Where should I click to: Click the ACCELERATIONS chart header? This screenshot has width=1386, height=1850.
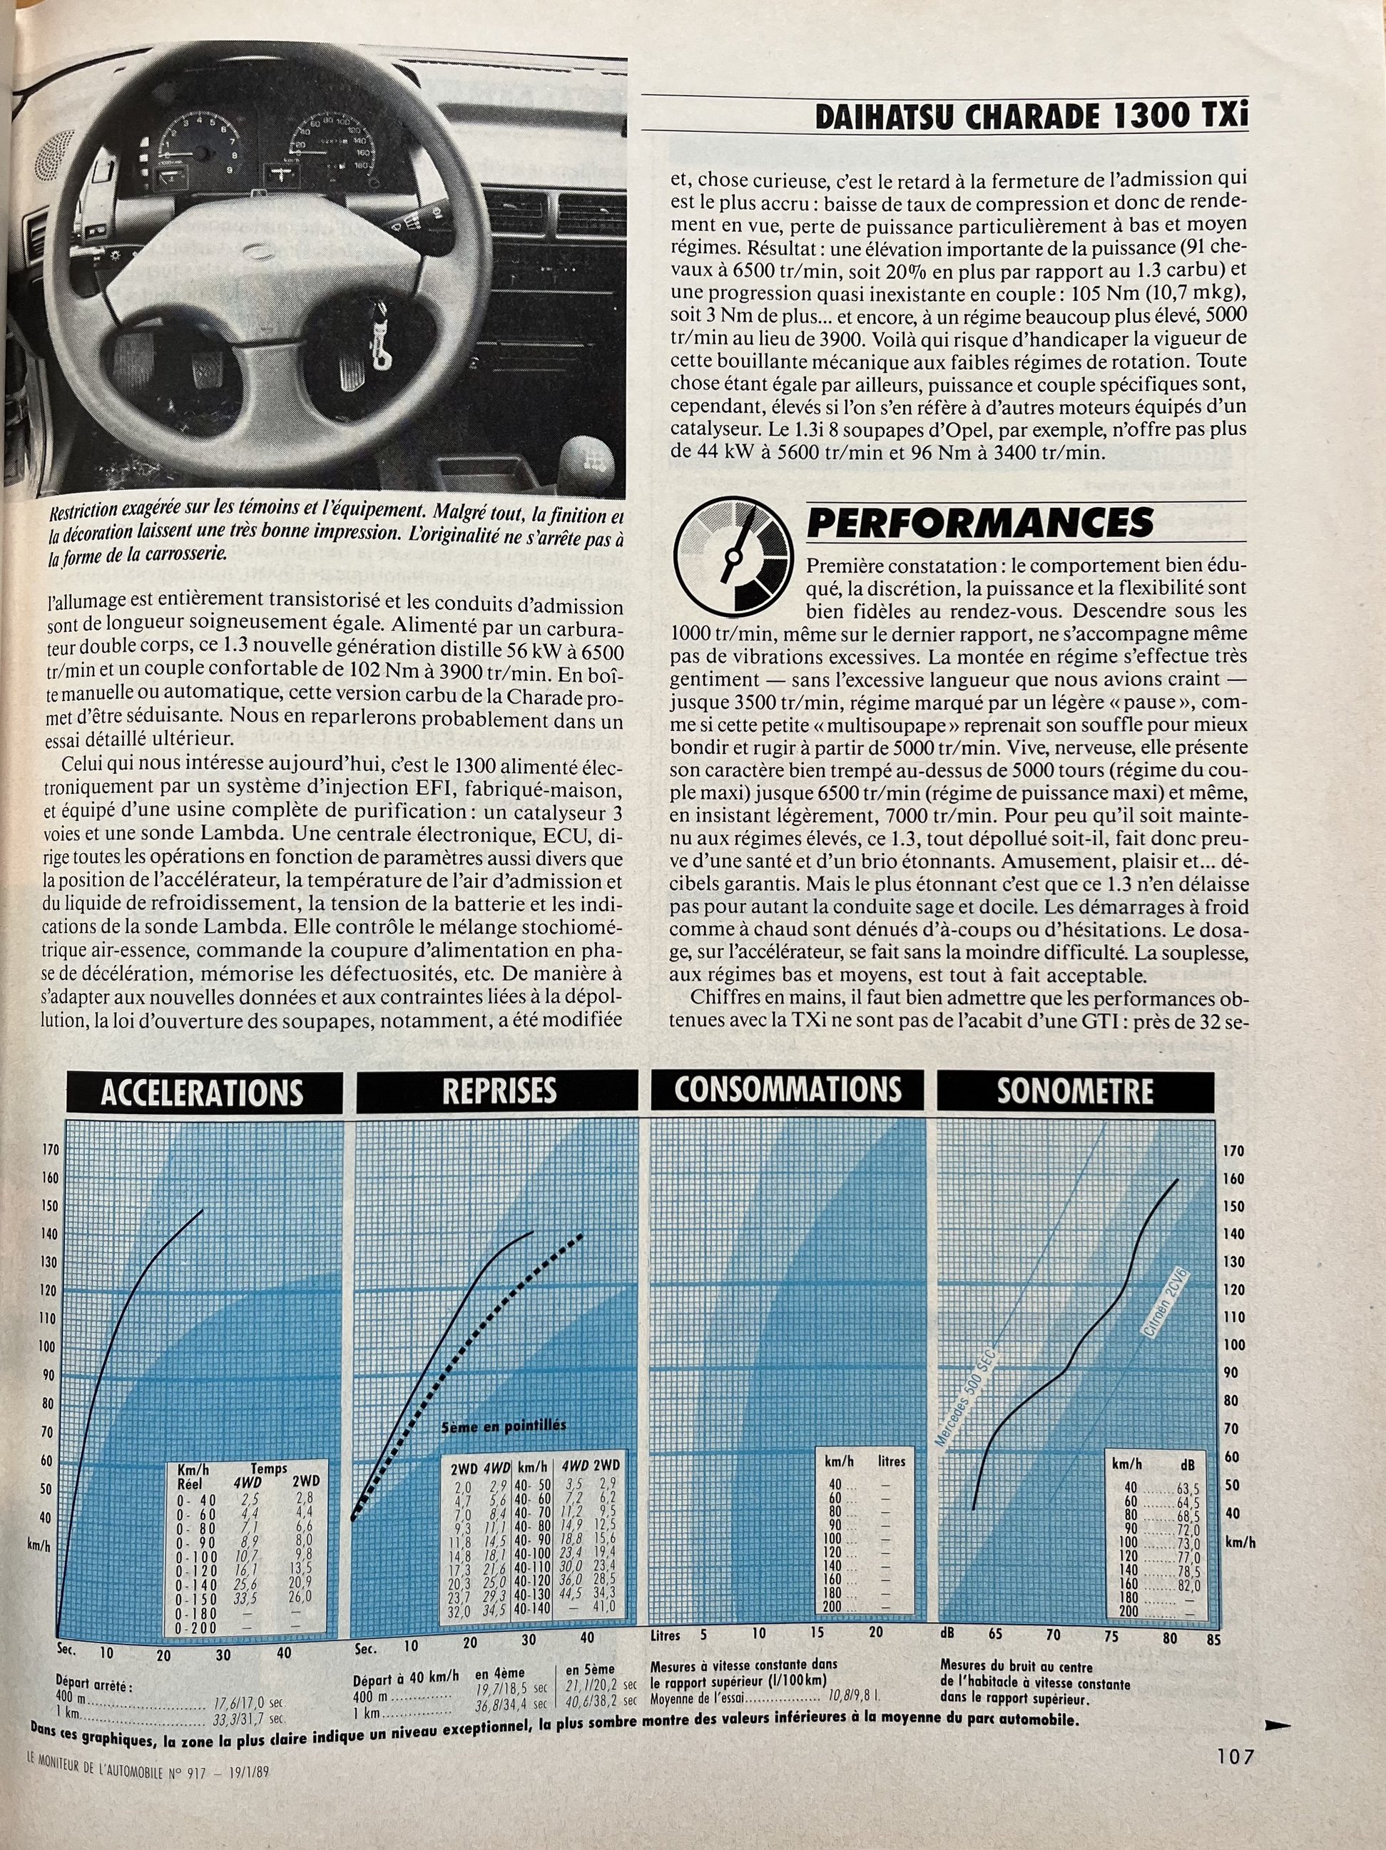[x=203, y=1093]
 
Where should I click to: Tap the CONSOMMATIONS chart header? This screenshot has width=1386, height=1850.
[x=788, y=1090]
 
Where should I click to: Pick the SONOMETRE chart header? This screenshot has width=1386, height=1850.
[x=1075, y=1090]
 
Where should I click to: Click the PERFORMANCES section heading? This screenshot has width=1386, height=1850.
[x=979, y=523]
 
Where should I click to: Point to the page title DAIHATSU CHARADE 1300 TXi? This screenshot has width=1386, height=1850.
[x=1031, y=116]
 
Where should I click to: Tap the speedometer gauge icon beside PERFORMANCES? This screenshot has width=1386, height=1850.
[x=732, y=558]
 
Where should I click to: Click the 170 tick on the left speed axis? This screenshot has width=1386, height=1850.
[x=50, y=1150]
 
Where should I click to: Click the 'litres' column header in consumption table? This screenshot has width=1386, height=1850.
[x=892, y=1461]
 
